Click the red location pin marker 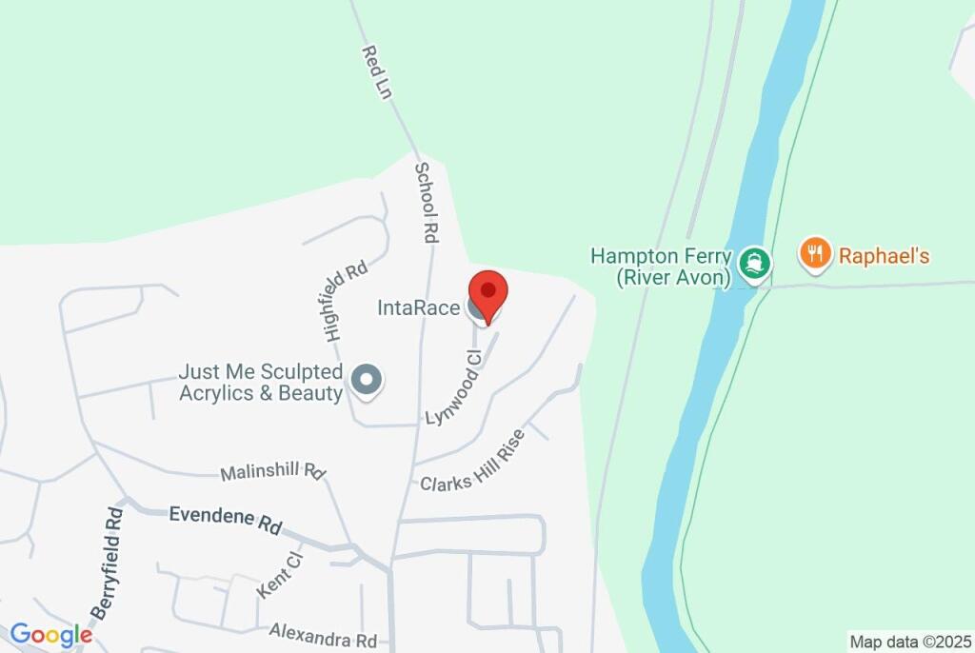click(488, 292)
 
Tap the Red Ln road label click(377, 71)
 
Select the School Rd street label click(426, 202)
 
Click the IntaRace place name click(418, 308)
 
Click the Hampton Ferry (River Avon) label click(661, 267)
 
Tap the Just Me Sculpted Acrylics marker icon click(366, 381)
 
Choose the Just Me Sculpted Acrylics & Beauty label click(261, 382)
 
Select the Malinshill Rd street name click(273, 471)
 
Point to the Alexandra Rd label click(323, 633)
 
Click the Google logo click(50, 634)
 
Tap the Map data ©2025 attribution click(910, 642)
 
